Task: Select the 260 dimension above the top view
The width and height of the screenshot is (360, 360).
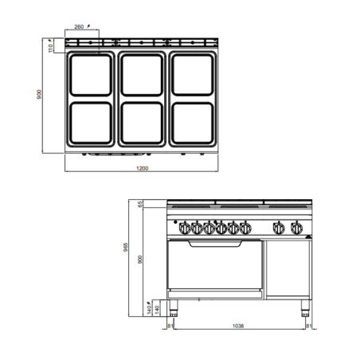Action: click(x=80, y=27)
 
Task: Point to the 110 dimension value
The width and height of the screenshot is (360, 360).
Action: click(x=50, y=46)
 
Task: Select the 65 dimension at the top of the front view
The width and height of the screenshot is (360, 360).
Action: click(x=140, y=205)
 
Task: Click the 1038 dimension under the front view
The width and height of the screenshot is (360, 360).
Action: click(x=240, y=326)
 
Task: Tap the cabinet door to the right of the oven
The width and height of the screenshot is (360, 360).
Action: click(x=287, y=267)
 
